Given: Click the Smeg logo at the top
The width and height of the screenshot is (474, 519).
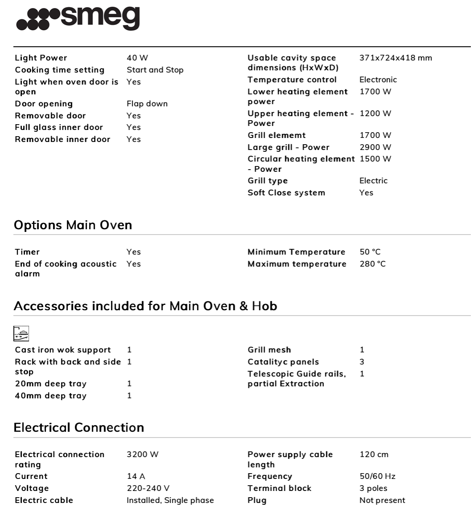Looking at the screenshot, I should (78, 19).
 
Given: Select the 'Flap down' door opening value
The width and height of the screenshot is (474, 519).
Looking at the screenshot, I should (147, 104).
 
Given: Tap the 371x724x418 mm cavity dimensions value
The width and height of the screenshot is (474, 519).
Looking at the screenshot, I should (396, 58).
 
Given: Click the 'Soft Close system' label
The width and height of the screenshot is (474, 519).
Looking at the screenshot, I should (286, 193).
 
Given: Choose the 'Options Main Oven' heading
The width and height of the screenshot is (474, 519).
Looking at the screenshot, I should (73, 225).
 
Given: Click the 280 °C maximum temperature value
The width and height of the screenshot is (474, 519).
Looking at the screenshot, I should (372, 264).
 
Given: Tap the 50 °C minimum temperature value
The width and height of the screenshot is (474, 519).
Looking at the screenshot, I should (370, 252).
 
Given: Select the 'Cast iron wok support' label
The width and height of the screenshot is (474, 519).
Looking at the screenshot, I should (63, 350).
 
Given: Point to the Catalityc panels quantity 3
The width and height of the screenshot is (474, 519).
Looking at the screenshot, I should (362, 362).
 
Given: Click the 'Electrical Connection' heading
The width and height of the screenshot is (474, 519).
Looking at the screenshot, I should (79, 428).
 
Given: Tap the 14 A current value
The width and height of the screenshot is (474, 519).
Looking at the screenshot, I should (135, 476).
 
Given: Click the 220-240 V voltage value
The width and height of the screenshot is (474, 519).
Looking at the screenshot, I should (148, 488).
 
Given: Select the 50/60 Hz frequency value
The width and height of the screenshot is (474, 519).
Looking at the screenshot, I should (377, 476).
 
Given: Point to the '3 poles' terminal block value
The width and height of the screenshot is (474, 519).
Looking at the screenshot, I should (373, 488).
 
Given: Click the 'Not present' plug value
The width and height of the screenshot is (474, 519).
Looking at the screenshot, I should (382, 500).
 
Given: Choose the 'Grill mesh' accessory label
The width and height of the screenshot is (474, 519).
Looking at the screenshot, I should (269, 350).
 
